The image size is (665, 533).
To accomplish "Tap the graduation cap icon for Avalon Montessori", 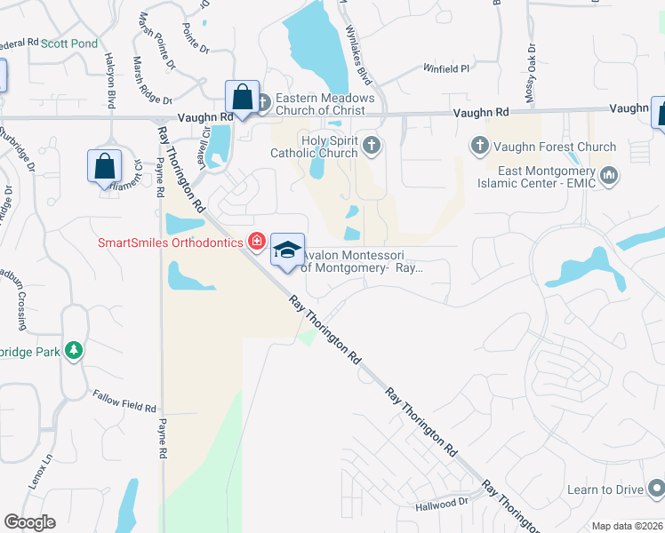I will tap(287, 250).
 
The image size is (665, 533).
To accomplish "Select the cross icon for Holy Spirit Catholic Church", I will tap(372, 145).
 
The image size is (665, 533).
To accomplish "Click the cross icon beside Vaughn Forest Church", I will tap(478, 145).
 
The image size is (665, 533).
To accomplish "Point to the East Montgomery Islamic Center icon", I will tap(609, 176).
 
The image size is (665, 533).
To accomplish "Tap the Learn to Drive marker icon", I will tap(656, 489).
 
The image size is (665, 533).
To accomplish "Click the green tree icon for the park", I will tap(73, 351).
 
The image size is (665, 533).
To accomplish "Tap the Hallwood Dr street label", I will tap(442, 503).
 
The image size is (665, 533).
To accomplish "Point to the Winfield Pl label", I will tap(445, 68).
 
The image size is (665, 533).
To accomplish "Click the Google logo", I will tap(29, 522).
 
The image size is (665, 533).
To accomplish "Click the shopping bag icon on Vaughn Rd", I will tap(241, 96).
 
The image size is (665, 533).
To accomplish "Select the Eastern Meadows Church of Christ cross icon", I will tap(262, 102).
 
